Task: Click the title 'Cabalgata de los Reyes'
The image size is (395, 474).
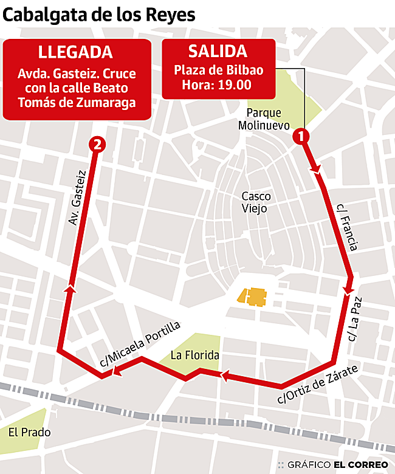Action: [x=99, y=15]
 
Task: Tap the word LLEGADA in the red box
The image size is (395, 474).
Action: [x=76, y=52]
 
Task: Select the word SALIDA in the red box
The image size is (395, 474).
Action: [x=218, y=51]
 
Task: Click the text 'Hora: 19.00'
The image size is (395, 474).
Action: [x=217, y=85]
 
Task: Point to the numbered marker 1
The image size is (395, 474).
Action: [x=300, y=137]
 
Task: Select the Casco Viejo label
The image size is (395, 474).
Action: [x=256, y=202]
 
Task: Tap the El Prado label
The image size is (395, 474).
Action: [x=29, y=433]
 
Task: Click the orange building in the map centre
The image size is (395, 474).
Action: [x=255, y=297]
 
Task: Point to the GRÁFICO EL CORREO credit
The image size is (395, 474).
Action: [x=337, y=464]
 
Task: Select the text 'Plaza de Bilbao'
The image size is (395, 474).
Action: [x=219, y=70]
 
